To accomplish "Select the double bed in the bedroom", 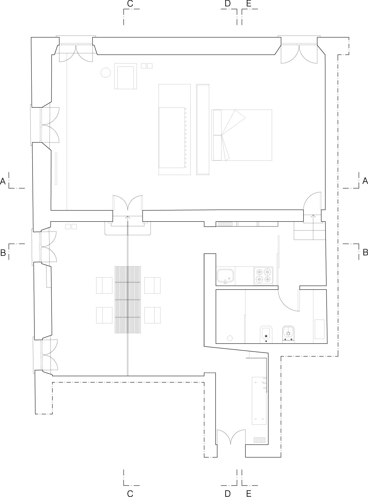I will [242, 135].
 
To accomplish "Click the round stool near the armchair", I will [105, 72].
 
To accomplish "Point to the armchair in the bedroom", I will [125, 76].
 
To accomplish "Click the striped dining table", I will [128, 300].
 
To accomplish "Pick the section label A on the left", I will [3, 181].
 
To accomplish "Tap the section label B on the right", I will [365, 252].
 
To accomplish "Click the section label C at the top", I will [130, 3].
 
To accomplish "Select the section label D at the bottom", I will [227, 493].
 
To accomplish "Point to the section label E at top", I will [249, 3].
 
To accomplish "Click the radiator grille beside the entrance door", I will [260, 440].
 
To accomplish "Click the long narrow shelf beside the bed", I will [203, 129].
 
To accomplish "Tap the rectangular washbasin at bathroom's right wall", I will [320, 329].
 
